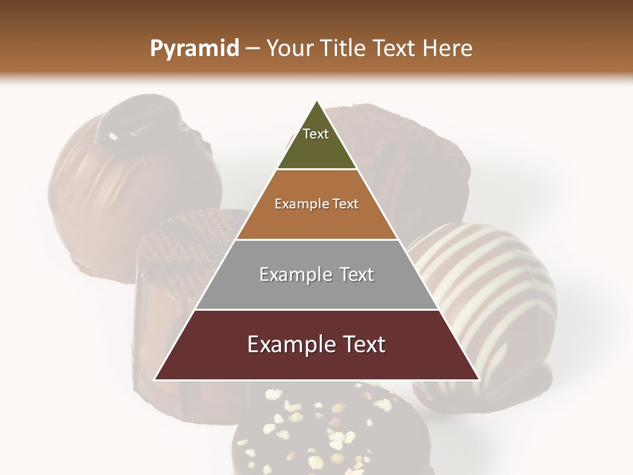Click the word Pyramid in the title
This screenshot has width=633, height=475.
point(194,49)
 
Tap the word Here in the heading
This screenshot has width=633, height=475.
point(448,49)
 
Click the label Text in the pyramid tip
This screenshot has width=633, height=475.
point(316,134)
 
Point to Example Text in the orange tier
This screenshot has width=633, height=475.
point(316,204)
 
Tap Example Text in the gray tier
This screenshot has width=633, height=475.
point(316,274)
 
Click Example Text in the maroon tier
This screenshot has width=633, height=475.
point(316,344)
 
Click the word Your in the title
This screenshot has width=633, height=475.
point(290,49)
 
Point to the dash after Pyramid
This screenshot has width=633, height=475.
point(253,49)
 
